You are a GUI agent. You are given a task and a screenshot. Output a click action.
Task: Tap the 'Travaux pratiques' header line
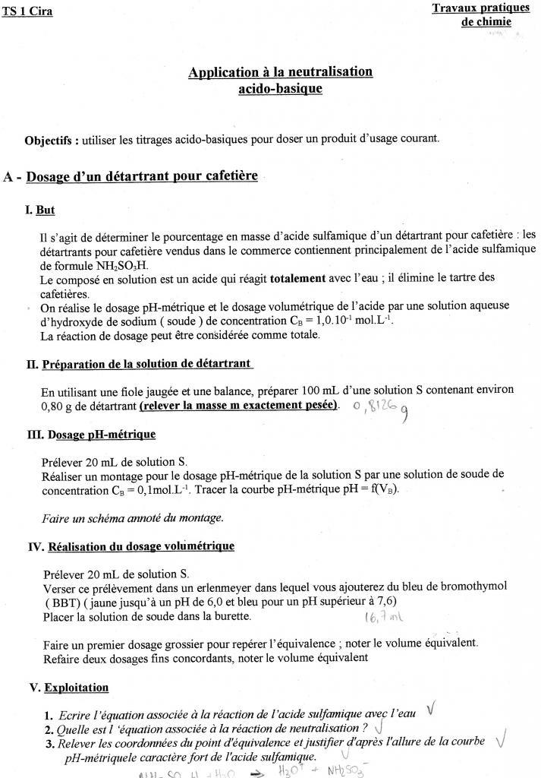click(480, 8)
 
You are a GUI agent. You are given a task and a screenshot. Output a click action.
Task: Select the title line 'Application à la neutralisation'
click(280, 72)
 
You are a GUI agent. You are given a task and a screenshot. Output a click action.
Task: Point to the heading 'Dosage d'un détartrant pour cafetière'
click(142, 176)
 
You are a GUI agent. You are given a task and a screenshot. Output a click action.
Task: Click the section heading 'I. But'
click(40, 209)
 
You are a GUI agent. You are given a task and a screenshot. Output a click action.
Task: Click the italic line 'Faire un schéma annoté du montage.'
click(133, 517)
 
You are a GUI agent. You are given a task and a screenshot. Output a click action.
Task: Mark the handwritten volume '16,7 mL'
click(382, 616)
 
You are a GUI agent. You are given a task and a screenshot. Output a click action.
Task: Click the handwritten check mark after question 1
click(431, 709)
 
